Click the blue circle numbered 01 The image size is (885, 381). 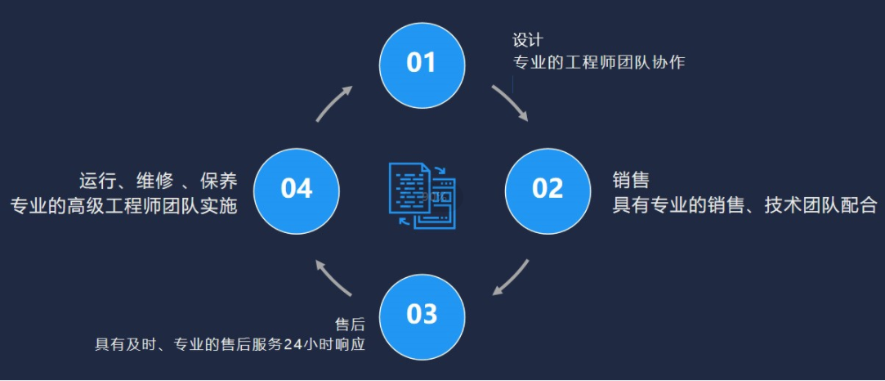pyautogui.click(x=422, y=65)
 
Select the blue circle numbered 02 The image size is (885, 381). pyautogui.click(x=548, y=190)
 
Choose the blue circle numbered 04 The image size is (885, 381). pyautogui.click(x=297, y=190)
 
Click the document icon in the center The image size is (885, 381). pyautogui.click(x=422, y=195)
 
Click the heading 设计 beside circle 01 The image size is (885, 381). pyautogui.click(x=527, y=41)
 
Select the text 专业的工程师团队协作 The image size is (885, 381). pyautogui.click(x=598, y=62)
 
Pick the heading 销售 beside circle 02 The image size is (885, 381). pyautogui.click(x=631, y=180)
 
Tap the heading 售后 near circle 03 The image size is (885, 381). pyautogui.click(x=350, y=324)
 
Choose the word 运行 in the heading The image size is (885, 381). pyautogui.click(x=96, y=181)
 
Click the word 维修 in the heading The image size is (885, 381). pyautogui.click(x=154, y=181)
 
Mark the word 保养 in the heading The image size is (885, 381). pyautogui.click(x=218, y=181)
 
